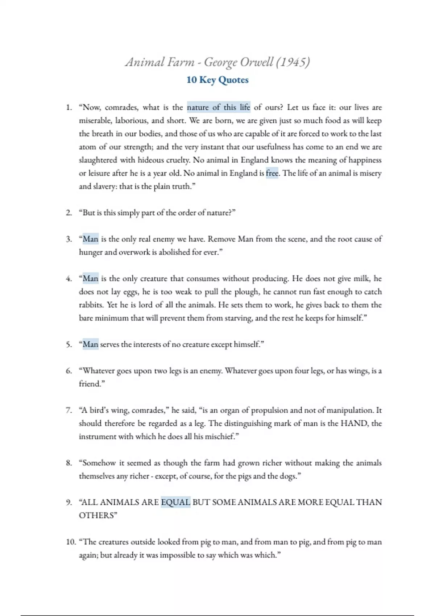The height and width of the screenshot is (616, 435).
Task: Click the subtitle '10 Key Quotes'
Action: click(x=217, y=80)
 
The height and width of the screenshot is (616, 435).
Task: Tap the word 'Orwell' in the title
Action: click(x=256, y=62)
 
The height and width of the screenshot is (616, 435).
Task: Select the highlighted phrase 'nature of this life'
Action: click(x=219, y=107)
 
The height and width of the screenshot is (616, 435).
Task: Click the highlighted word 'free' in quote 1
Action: click(x=272, y=173)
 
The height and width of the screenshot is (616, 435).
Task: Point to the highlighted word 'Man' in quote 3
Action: click(x=90, y=239)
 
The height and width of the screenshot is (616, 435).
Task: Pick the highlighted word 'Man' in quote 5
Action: click(x=90, y=344)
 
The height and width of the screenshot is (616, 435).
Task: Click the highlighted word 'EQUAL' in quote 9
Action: click(x=175, y=502)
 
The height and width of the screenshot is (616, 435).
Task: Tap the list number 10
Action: click(x=71, y=542)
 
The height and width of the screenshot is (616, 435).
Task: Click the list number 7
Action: click(x=69, y=411)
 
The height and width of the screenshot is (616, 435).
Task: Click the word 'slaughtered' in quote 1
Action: click(x=98, y=160)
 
